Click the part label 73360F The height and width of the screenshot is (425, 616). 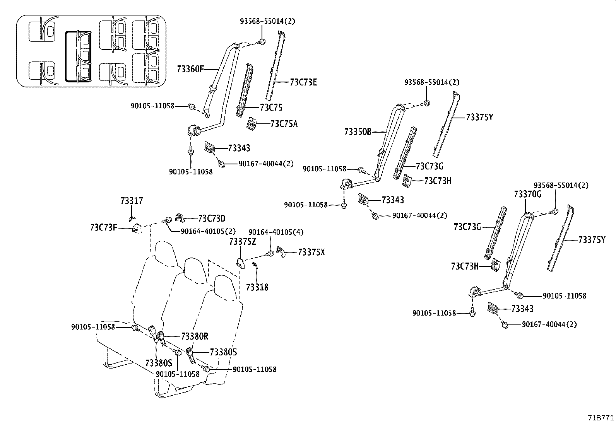190,69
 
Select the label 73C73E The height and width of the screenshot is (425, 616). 303,82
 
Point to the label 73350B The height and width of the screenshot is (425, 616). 358,132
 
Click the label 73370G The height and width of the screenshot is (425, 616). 527,194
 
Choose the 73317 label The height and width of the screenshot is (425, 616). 132,201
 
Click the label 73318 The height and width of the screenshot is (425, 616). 257,287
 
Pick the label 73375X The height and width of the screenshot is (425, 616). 311,252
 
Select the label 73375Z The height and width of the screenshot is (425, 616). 242,242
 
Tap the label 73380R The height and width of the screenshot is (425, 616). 195,336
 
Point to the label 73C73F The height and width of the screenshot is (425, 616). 103,227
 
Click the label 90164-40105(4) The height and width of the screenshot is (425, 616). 276,232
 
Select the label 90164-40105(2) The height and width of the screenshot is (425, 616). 208,231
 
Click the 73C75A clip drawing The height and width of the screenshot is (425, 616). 252,123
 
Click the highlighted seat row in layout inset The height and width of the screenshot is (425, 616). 79,57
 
